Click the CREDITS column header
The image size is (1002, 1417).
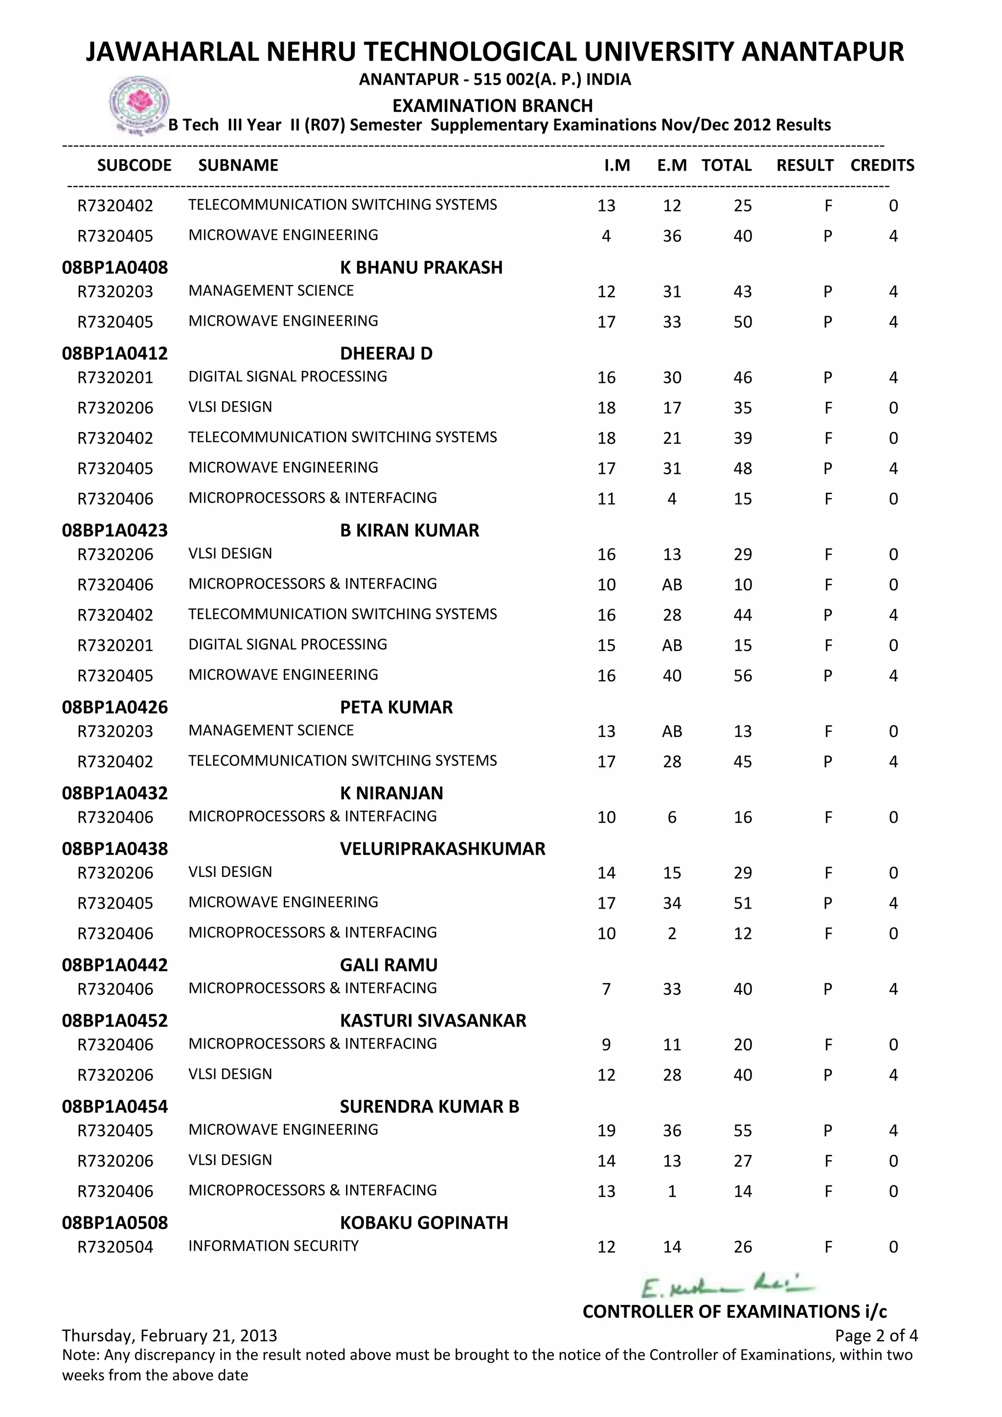point(882,165)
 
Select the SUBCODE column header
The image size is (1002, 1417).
point(135,165)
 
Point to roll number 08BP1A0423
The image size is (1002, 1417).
point(115,530)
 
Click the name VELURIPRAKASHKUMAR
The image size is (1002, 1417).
point(442,848)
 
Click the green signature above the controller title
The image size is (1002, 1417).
point(728,1287)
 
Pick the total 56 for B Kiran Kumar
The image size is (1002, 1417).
point(743,676)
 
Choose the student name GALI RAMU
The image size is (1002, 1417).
point(388,965)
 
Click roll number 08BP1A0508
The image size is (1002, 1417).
point(115,1223)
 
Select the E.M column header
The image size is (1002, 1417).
point(672,165)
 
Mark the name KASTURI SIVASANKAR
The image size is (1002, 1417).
point(433,1021)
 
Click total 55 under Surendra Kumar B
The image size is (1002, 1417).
point(743,1131)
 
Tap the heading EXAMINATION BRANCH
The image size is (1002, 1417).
point(492,106)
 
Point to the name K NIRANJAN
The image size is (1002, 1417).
point(391,793)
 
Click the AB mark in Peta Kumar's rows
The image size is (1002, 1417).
point(672,731)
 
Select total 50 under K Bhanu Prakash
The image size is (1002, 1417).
point(743,322)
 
